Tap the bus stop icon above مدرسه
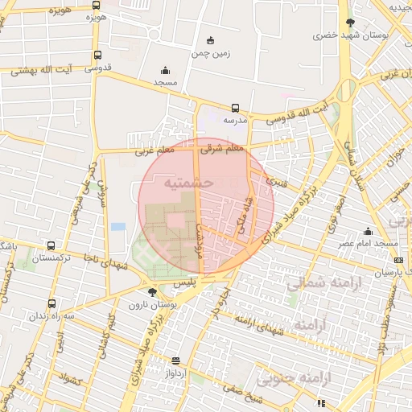click(x=235, y=108)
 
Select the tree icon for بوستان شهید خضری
click(x=349, y=23)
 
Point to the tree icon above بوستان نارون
click(x=152, y=291)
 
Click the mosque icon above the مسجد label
click(x=166, y=70)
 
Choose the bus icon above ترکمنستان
click(x=51, y=246)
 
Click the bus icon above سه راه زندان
click(x=51, y=304)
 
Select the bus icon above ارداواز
click(x=176, y=360)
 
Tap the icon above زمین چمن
click(x=211, y=41)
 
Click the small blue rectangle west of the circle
click(x=118, y=226)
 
